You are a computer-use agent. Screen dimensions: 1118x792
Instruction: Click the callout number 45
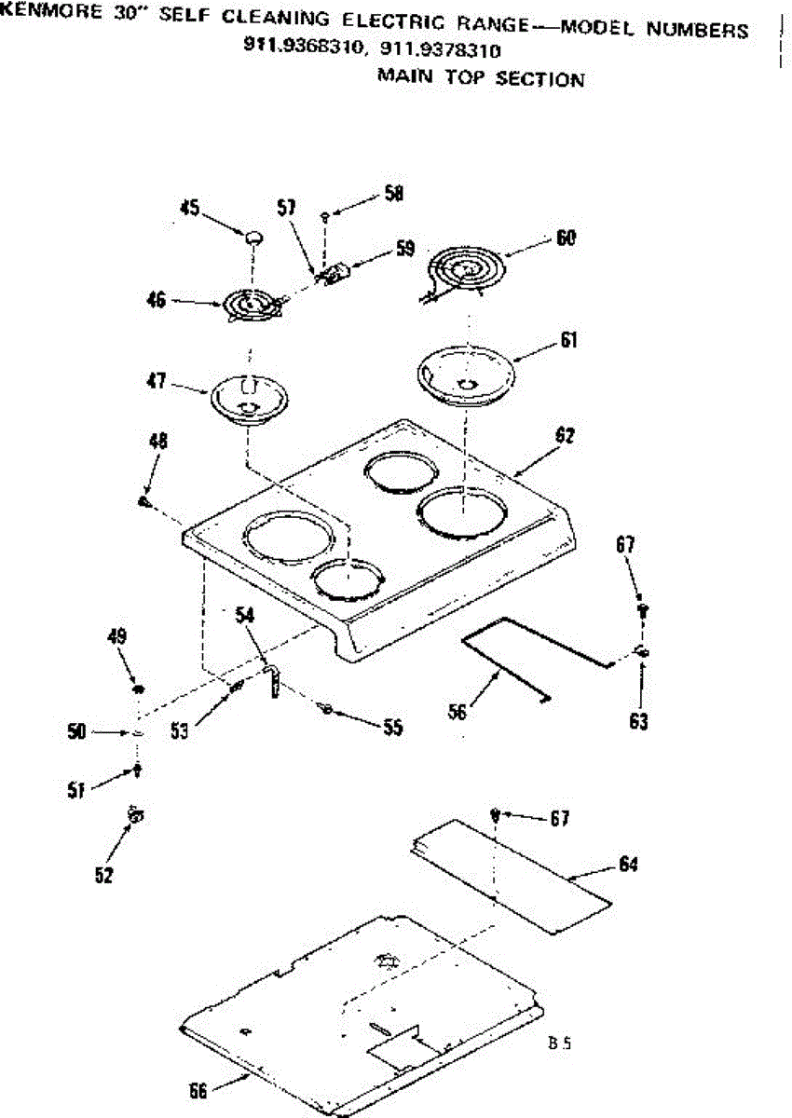click(x=190, y=209)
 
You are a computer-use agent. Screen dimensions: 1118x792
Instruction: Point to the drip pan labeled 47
click(x=249, y=399)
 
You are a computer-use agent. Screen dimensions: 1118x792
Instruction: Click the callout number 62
click(x=566, y=435)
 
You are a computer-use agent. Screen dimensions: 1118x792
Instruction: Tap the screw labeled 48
click(x=144, y=501)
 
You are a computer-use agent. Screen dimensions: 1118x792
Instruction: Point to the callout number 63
click(x=638, y=721)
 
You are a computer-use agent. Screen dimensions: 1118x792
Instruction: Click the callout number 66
click(x=198, y=1091)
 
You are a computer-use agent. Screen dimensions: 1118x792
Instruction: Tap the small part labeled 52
click(x=137, y=815)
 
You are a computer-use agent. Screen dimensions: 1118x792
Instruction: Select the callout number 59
click(x=404, y=249)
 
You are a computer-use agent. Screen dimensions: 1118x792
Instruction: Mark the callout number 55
click(x=391, y=728)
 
